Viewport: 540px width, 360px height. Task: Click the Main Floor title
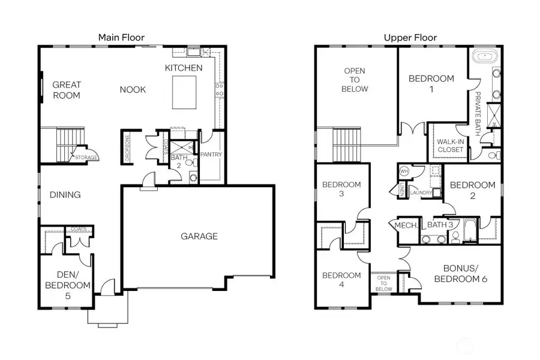[122, 37]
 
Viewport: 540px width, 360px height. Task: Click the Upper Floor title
[410, 37]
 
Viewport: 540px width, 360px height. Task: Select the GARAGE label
[199, 236]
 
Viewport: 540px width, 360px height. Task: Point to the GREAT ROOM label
[67, 90]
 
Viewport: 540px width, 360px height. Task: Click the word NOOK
[133, 90]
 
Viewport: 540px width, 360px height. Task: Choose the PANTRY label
[212, 155]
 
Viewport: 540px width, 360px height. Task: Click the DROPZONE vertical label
[127, 146]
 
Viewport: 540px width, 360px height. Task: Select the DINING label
[65, 195]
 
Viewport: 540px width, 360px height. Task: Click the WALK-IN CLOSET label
[450, 145]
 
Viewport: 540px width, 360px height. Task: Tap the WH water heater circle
[403, 170]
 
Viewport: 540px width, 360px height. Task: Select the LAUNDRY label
[422, 193]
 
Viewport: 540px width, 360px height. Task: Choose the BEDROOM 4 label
[341, 280]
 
